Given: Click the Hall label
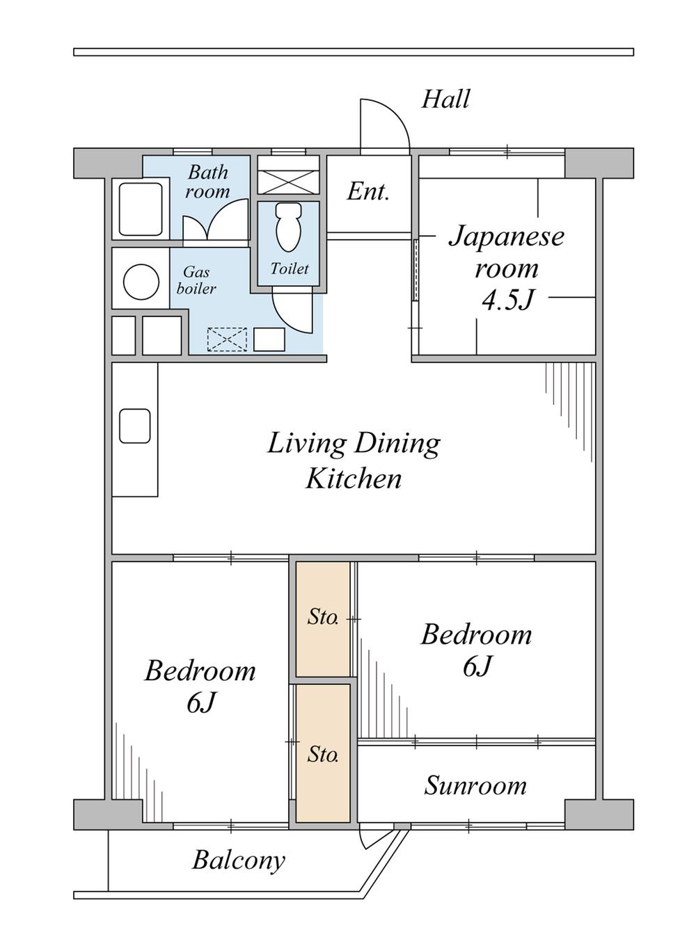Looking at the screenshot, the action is click(445, 99).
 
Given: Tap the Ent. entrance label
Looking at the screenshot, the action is click(367, 192).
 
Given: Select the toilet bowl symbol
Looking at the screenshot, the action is click(288, 227).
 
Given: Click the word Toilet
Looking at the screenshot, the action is click(290, 268).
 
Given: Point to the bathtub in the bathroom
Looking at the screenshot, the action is click(141, 209).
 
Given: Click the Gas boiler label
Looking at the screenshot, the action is click(196, 280).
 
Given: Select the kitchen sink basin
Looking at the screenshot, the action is click(135, 426).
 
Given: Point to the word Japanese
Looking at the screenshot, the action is click(506, 237).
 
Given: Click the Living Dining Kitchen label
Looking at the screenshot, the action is click(354, 461).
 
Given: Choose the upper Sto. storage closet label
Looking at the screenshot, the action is click(323, 618).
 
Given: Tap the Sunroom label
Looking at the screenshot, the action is click(475, 785).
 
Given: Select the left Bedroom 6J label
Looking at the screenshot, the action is click(200, 687).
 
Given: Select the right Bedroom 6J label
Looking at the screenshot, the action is click(476, 651).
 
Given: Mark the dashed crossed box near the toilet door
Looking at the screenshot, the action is click(227, 339).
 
